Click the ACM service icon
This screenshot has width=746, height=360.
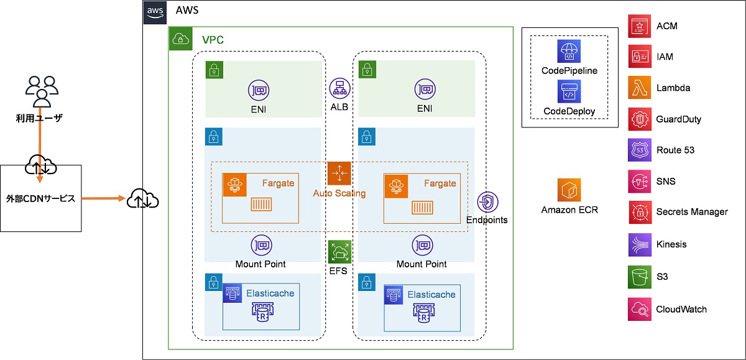pyautogui.click(x=640, y=25)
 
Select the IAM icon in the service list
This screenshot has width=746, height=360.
pyautogui.click(x=640, y=57)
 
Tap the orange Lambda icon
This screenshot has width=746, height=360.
pyautogui.click(x=640, y=88)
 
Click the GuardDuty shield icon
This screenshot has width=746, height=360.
pyautogui.click(x=640, y=119)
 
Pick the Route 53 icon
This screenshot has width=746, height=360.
pyautogui.click(x=640, y=150)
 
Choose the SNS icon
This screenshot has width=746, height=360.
pyautogui.click(x=640, y=181)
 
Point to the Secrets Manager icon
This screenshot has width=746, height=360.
pyautogui.click(x=640, y=212)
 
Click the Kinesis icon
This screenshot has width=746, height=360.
pyautogui.click(x=640, y=244)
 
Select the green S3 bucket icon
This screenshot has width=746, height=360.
pyautogui.click(x=640, y=276)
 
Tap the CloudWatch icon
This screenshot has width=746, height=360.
pyautogui.click(x=640, y=309)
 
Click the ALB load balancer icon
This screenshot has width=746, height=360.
pyautogui.click(x=339, y=90)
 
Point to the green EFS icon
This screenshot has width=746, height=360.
pyautogui.click(x=339, y=252)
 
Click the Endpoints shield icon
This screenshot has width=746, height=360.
pyautogui.click(x=487, y=203)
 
